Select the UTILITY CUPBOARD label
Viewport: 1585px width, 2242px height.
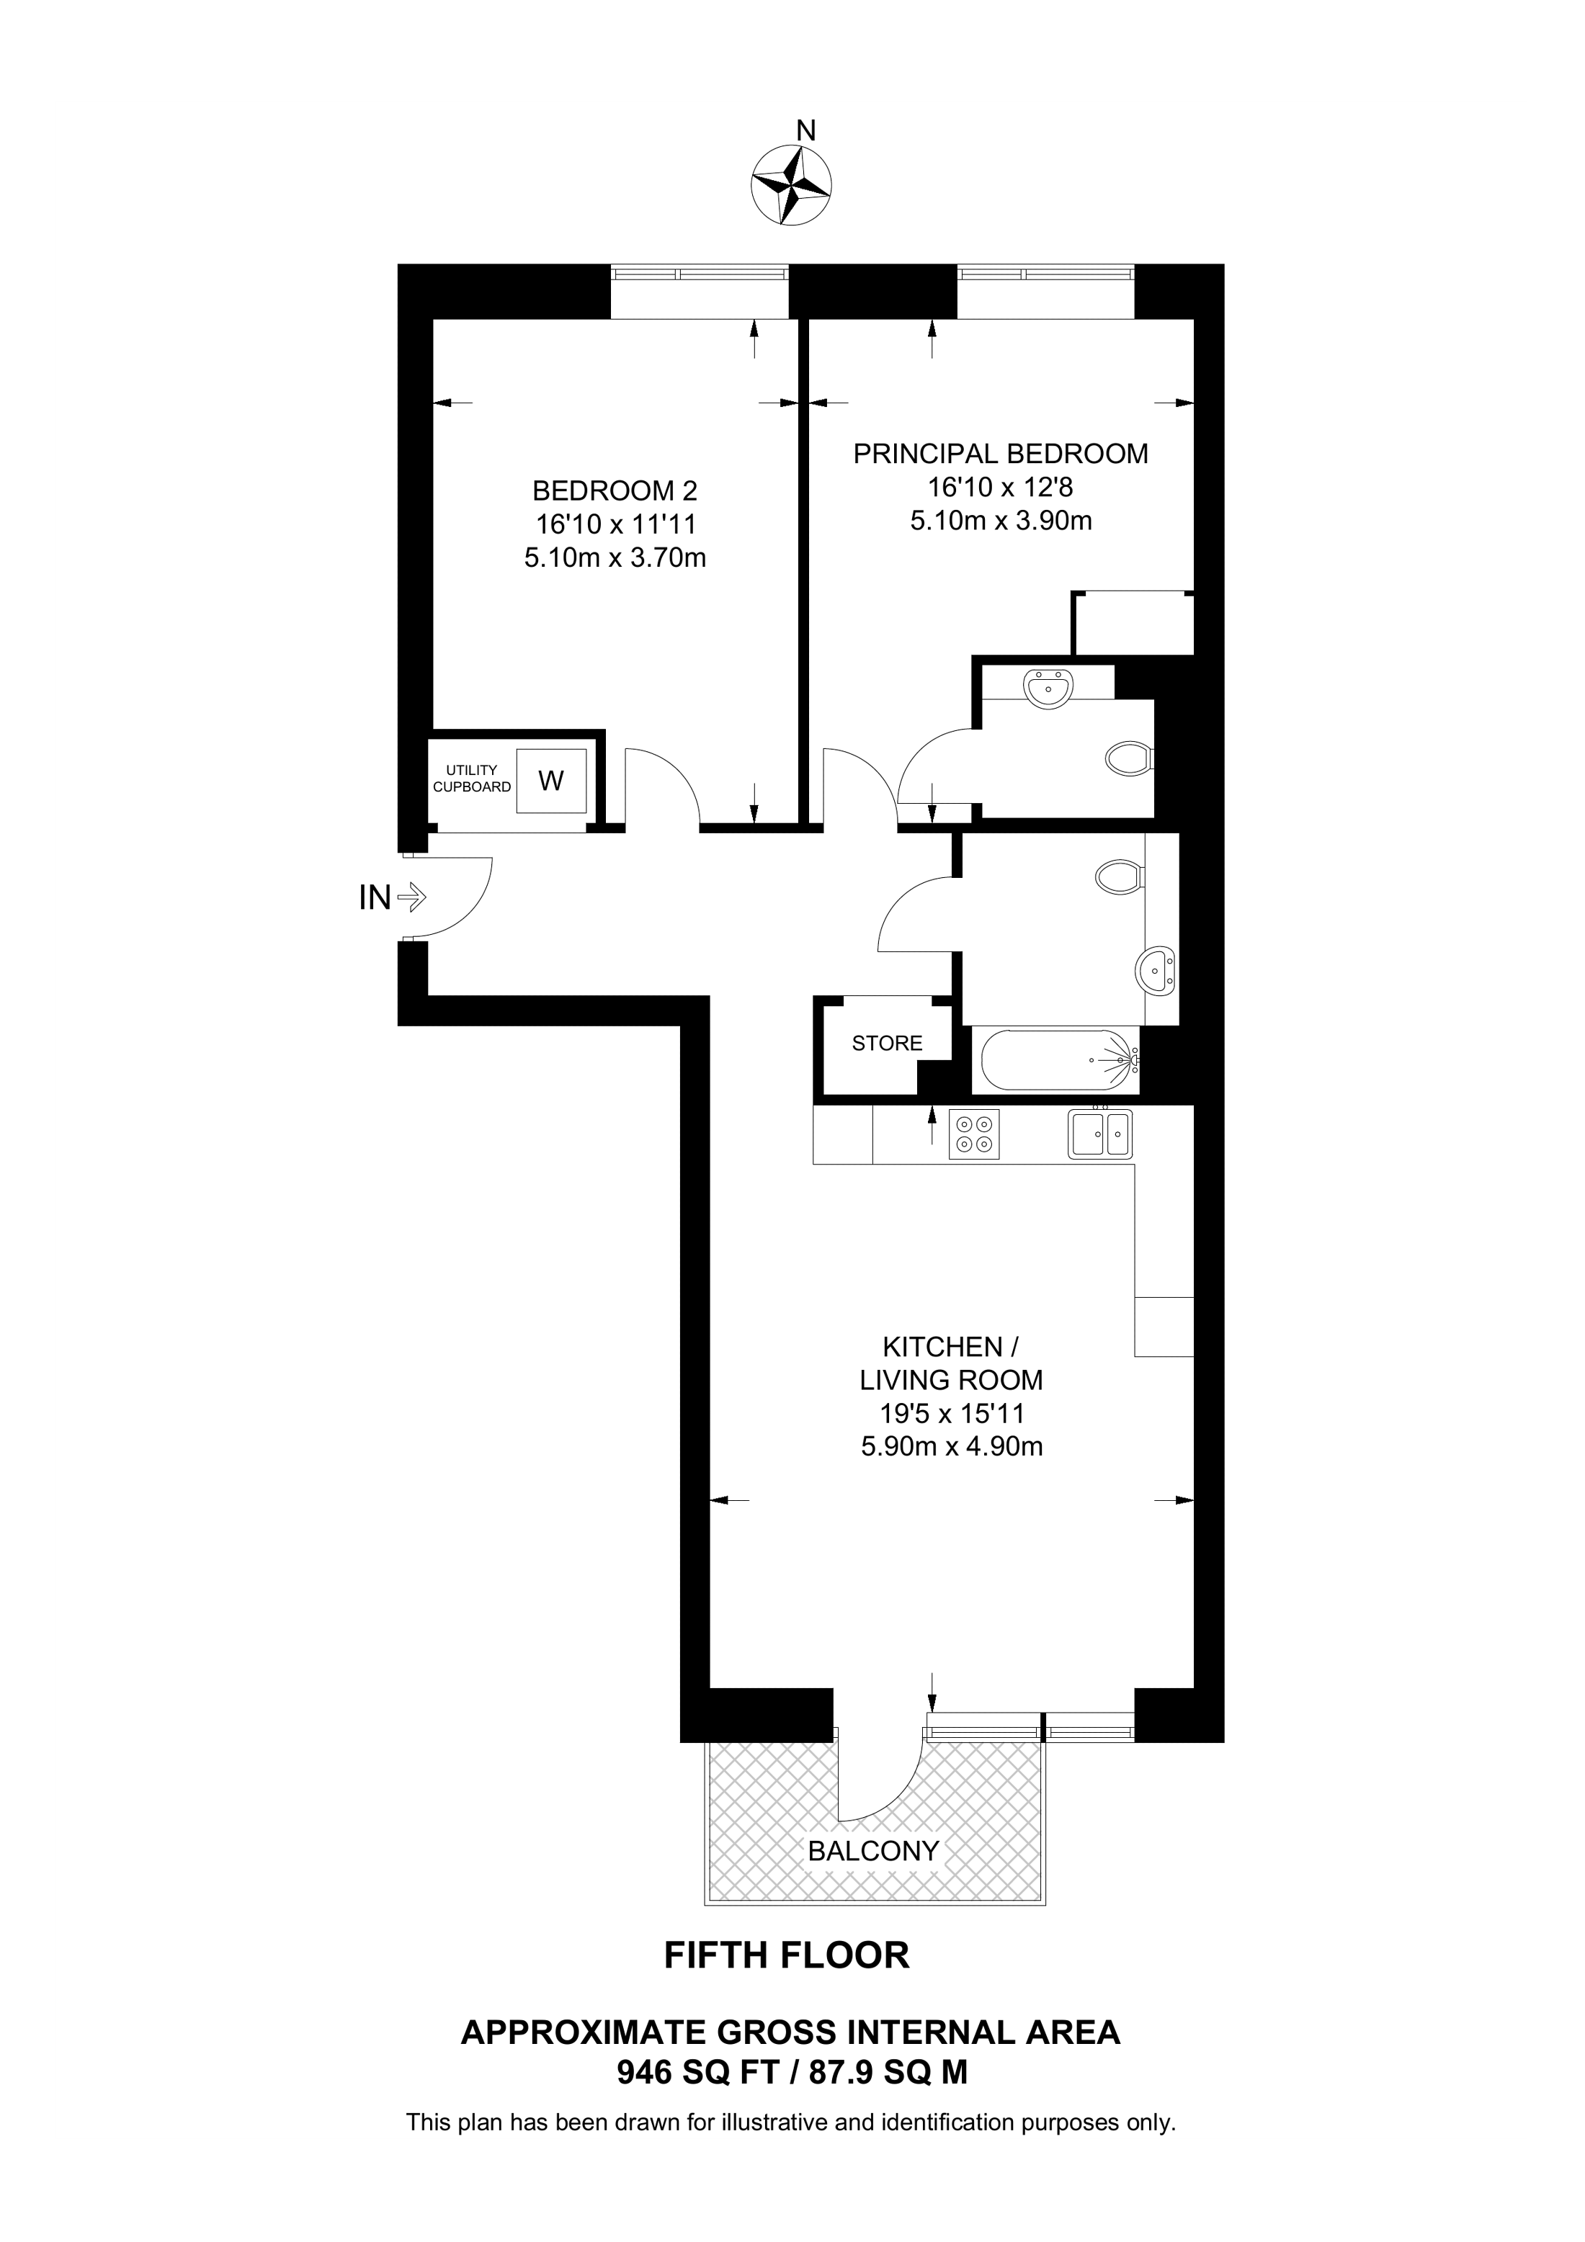pyautogui.click(x=472, y=779)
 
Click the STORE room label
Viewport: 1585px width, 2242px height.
pyautogui.click(x=887, y=1043)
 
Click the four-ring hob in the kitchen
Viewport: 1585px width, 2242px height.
pyautogui.click(x=973, y=1134)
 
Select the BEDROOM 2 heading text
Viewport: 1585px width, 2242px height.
pyautogui.click(x=615, y=490)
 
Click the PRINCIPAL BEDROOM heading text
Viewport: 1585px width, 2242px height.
pyautogui.click(x=1001, y=453)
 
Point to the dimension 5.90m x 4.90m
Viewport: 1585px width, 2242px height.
pyautogui.click(x=952, y=1446)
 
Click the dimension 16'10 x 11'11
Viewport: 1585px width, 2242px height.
pyautogui.click(x=615, y=524)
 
